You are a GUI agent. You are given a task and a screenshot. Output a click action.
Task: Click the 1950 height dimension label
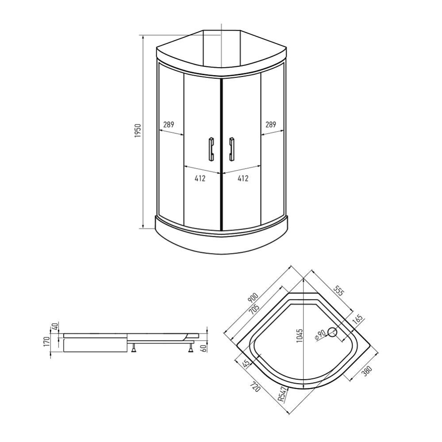coord(138,131)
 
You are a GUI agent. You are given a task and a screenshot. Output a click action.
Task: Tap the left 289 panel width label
coord(169,124)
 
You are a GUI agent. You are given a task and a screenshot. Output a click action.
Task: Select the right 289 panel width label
coord(271,124)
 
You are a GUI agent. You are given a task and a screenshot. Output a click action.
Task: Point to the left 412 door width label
coord(200,178)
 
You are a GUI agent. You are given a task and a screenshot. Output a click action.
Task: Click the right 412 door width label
coord(243,178)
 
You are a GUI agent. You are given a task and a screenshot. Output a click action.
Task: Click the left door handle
coord(211,150)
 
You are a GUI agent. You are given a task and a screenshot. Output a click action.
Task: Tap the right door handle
coord(232,150)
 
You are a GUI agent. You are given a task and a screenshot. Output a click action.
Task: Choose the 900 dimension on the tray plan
coord(253,298)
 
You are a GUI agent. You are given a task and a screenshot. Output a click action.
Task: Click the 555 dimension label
coord(338,291)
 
